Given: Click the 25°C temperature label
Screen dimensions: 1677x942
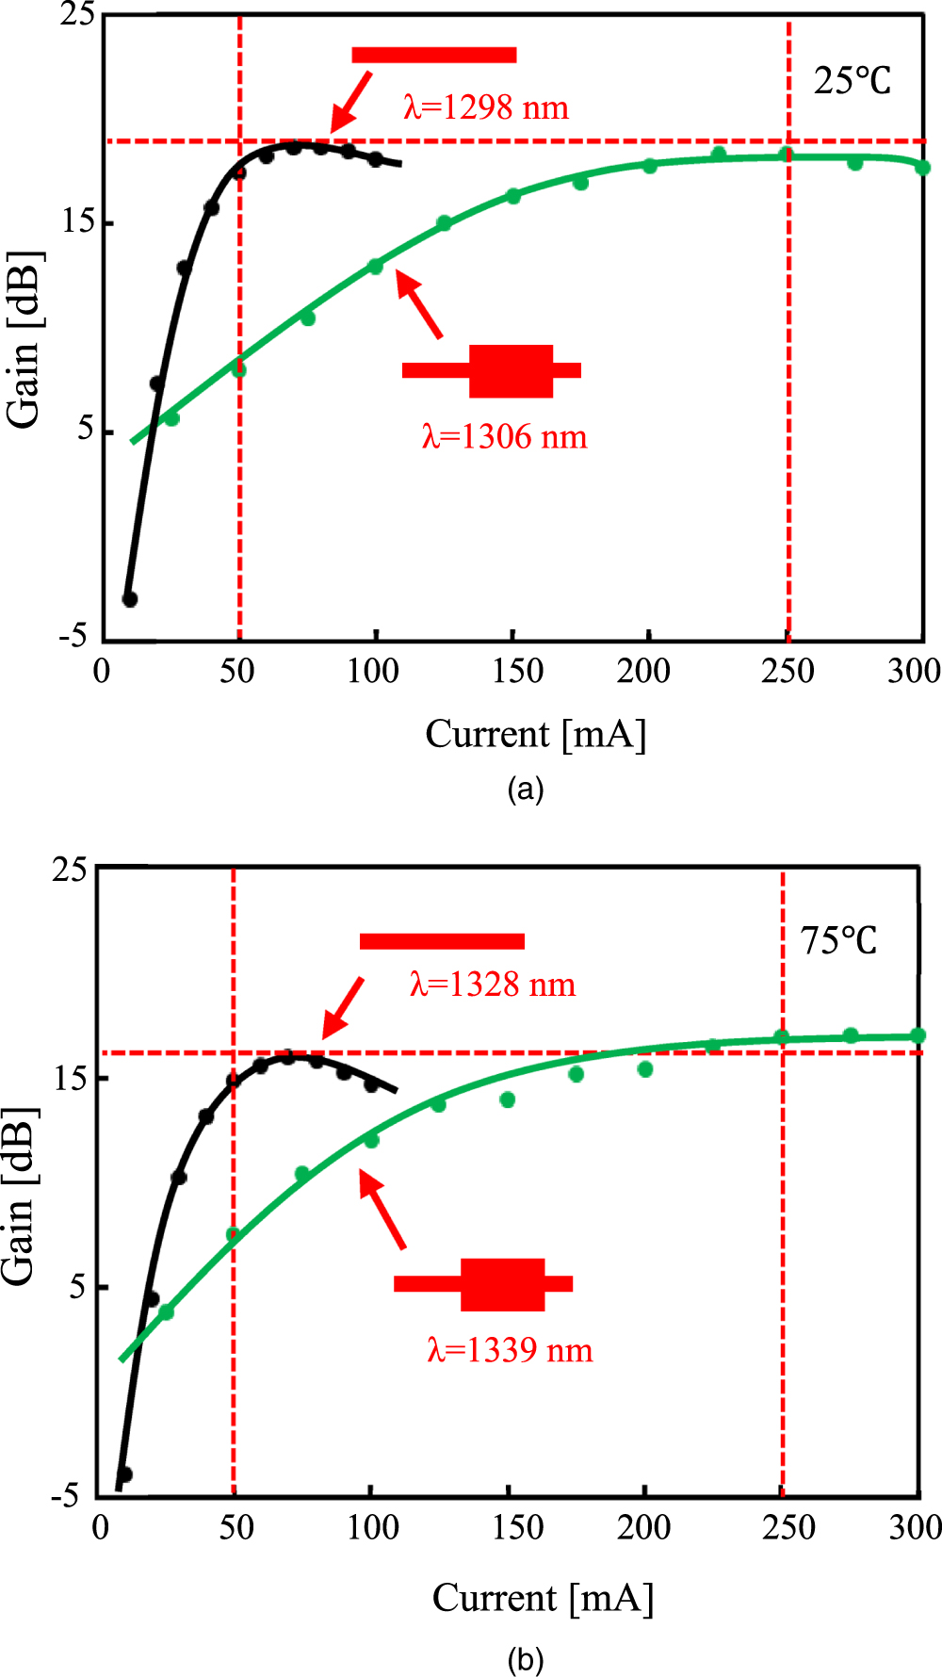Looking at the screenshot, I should tap(852, 81).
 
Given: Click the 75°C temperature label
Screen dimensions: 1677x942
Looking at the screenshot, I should tap(838, 940).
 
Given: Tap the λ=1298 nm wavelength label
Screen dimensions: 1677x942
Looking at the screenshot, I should tap(486, 107).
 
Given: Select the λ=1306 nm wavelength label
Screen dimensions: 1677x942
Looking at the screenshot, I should tap(504, 437).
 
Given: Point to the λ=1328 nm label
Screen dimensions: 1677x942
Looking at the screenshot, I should tap(492, 985).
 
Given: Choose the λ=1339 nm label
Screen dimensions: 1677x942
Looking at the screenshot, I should tap(510, 1350).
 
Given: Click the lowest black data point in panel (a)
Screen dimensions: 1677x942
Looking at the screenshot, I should tap(130, 599).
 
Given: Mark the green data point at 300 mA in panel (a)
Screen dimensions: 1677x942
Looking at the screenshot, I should tap(922, 168).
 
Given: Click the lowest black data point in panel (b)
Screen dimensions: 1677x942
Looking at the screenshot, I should tap(124, 1474).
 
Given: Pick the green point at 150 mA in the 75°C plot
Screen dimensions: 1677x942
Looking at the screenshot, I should tap(508, 1099).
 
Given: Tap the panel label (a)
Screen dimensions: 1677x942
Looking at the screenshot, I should tap(525, 790).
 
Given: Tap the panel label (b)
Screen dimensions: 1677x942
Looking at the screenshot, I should tap(525, 1659).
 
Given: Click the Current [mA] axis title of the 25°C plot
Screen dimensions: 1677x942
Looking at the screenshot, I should tap(536, 734).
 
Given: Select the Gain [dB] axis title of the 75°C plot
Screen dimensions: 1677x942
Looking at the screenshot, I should tap(21, 1197).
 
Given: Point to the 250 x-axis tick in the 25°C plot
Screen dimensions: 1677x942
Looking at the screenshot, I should tap(788, 671).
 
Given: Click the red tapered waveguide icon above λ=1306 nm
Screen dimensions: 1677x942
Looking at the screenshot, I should tap(492, 370).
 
